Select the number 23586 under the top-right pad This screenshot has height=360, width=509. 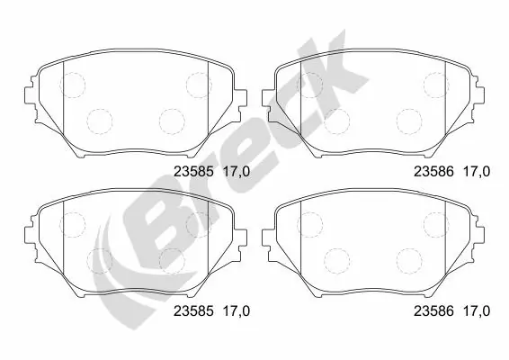point(431,169)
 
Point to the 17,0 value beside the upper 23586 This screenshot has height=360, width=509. point(476,169)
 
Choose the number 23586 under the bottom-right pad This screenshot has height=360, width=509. point(431,311)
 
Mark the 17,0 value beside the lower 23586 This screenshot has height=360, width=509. point(476,311)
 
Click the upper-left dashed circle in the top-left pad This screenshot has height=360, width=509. point(71,84)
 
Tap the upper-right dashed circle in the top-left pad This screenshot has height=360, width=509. point(197,84)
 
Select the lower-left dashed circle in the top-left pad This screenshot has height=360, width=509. point(98,120)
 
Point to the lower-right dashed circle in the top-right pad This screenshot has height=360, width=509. point(410,120)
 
